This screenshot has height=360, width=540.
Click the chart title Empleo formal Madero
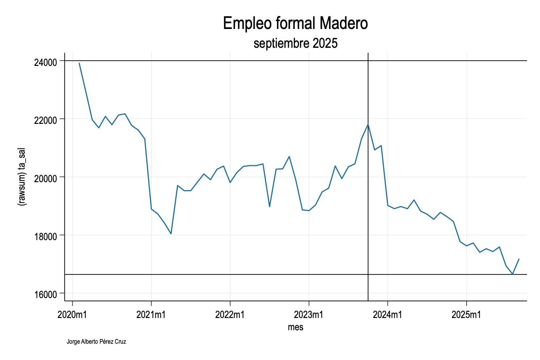[x=295, y=24]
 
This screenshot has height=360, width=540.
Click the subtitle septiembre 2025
[x=295, y=43]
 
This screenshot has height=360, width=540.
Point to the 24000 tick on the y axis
[x=46, y=62]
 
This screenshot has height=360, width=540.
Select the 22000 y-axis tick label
[x=46, y=120]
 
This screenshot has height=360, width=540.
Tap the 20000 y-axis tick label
[x=46, y=178]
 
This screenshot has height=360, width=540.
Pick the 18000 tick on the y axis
[x=46, y=236]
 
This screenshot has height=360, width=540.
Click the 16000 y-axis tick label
[x=46, y=294]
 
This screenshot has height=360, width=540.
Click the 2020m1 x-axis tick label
[x=72, y=314]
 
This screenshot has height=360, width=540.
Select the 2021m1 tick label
[x=151, y=314]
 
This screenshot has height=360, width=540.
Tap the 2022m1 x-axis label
[x=230, y=314]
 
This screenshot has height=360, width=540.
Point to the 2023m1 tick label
[x=309, y=314]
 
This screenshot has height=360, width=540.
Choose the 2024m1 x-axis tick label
[x=388, y=314]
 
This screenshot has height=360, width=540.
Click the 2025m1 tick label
[x=466, y=314]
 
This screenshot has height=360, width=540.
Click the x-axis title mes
[x=295, y=327]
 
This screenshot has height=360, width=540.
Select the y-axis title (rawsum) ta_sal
[x=22, y=177]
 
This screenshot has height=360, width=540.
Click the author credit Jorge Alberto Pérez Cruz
[x=96, y=342]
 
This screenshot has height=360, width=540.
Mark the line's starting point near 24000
[x=79, y=63]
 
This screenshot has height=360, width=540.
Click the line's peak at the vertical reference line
[x=368, y=125]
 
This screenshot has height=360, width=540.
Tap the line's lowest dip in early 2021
[x=171, y=234]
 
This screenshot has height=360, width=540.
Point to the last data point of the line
[x=519, y=259]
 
